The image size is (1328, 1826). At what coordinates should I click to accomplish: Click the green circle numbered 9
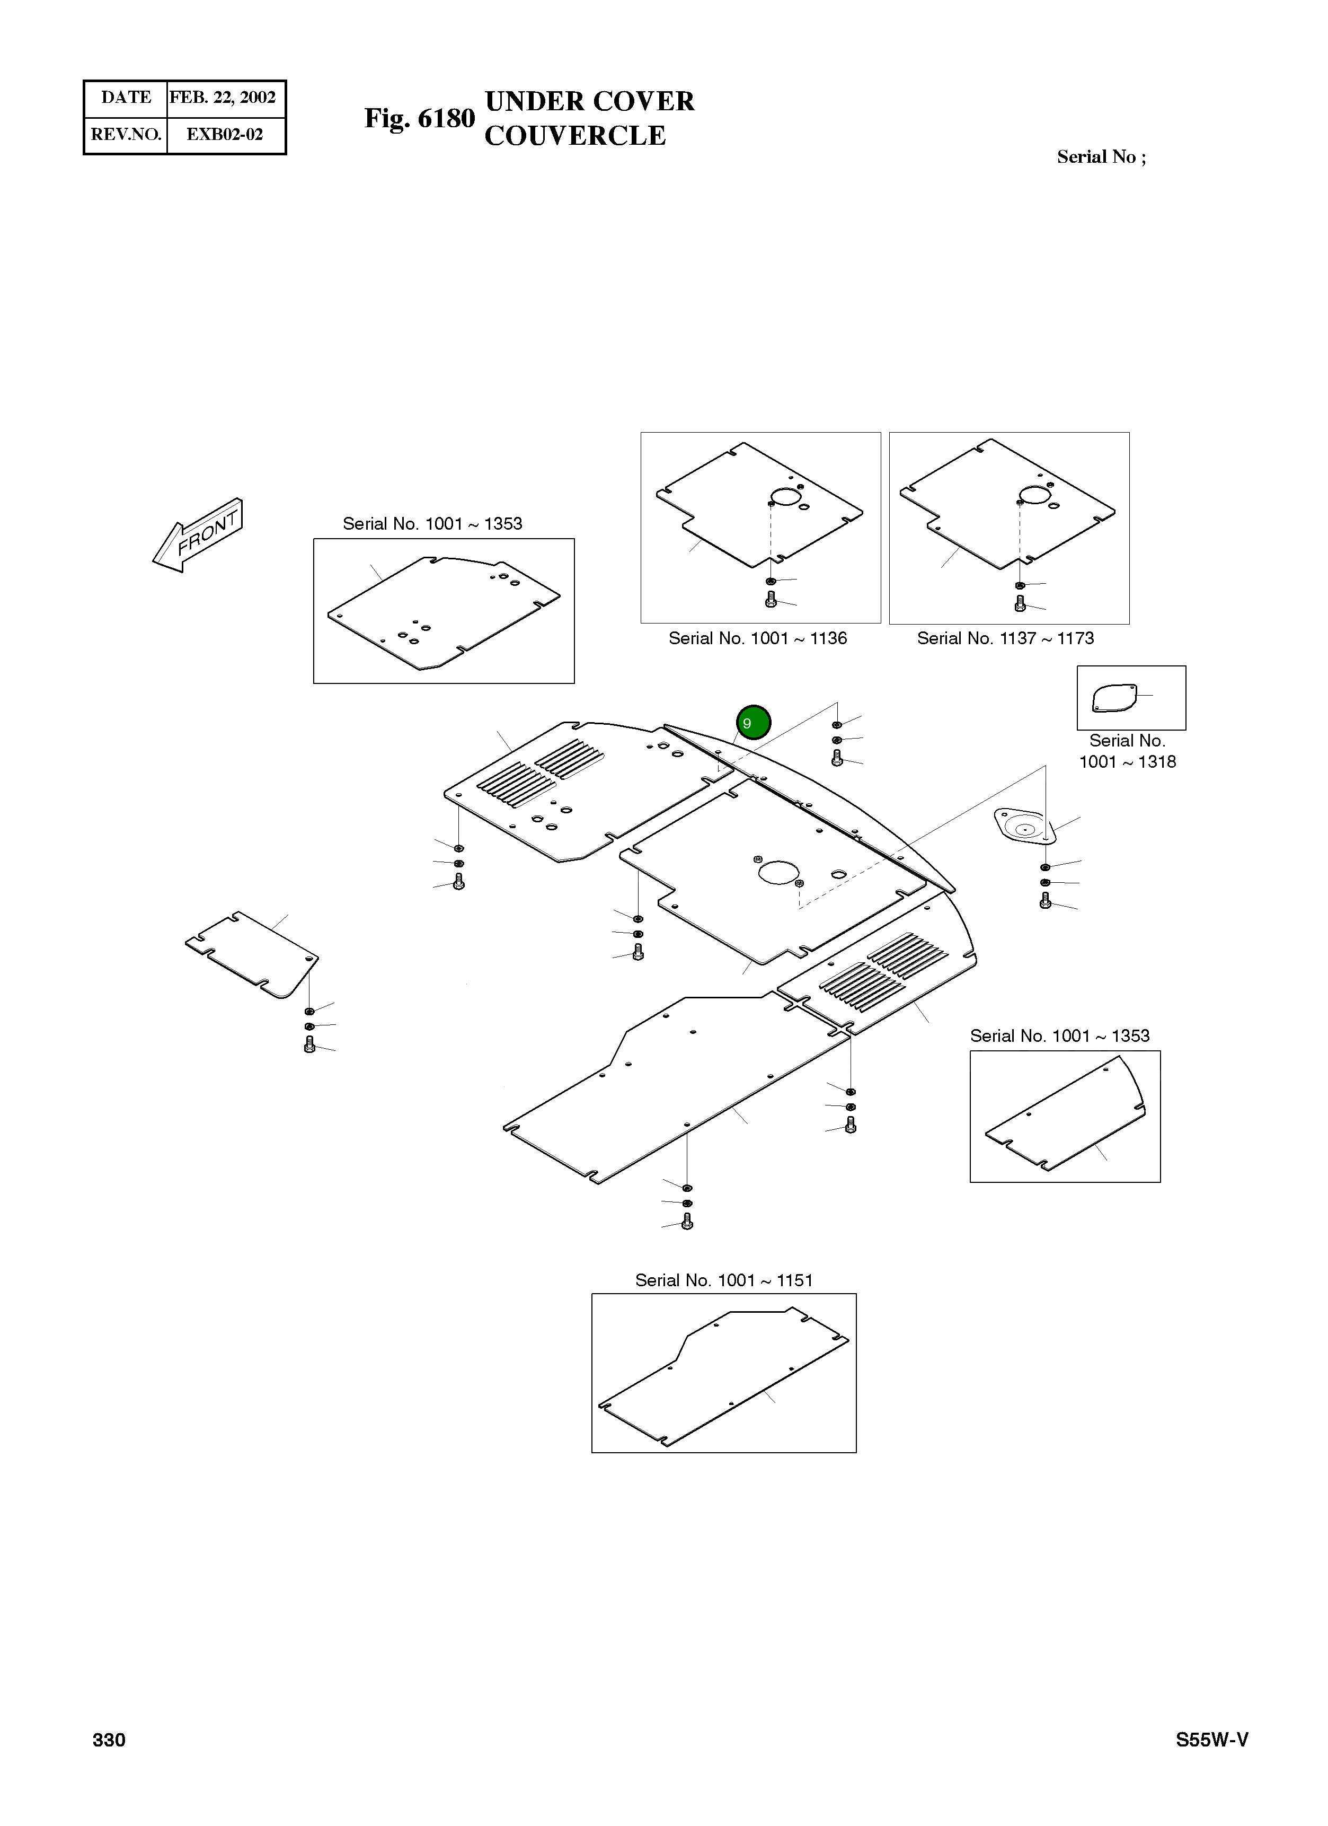(754, 722)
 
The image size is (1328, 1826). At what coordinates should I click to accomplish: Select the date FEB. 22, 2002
(223, 98)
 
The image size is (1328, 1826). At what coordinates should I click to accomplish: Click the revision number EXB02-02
(225, 135)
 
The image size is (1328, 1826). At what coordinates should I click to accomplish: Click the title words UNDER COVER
(589, 101)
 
